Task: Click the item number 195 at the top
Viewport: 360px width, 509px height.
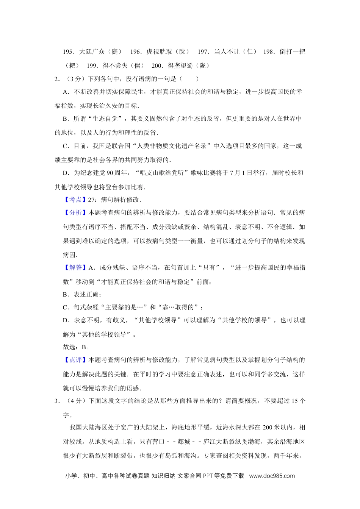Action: click(x=68, y=52)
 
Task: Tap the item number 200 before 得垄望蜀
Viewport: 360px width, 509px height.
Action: click(x=157, y=66)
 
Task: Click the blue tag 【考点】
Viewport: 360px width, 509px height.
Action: click(x=73, y=200)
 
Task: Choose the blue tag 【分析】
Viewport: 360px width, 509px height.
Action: click(x=73, y=212)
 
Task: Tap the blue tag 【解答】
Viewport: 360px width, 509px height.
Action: click(x=73, y=267)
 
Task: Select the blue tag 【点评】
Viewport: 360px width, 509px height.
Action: click(x=73, y=360)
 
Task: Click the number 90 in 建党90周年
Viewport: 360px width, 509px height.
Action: click(x=110, y=173)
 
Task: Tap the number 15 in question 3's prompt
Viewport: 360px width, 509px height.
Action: click(x=295, y=401)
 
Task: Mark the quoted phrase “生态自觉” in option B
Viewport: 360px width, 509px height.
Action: click(x=105, y=119)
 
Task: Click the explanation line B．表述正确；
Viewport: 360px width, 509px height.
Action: click(x=82, y=294)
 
